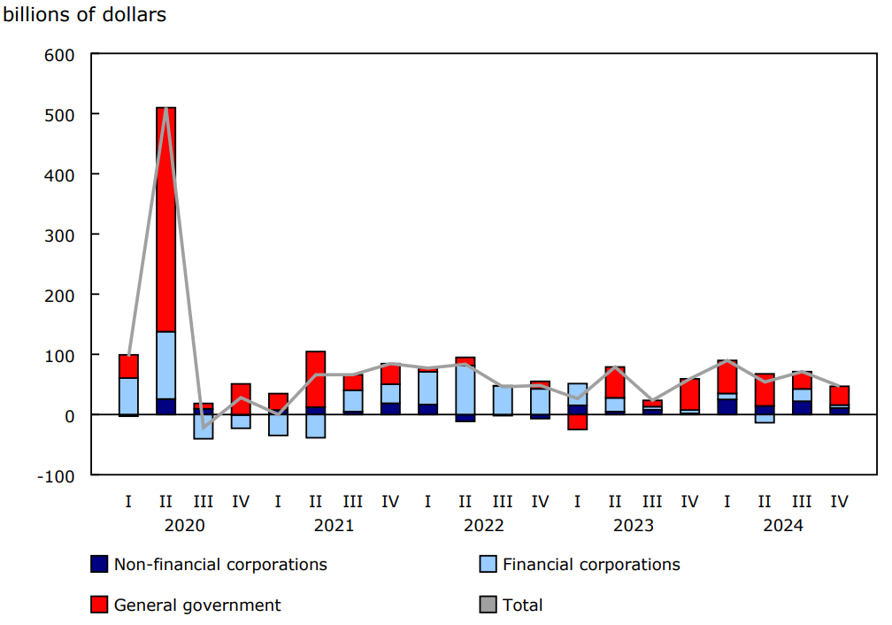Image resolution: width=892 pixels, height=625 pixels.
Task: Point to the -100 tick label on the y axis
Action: [x=58, y=475]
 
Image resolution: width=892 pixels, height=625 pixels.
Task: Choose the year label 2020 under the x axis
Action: [x=184, y=525]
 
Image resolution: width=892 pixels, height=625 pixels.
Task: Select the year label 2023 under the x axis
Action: [x=634, y=525]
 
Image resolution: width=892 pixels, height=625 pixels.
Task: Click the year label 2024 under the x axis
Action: [x=783, y=525]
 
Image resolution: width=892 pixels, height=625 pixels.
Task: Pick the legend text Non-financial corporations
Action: [x=220, y=565]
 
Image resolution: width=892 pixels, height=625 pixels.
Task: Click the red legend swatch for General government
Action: [x=99, y=605]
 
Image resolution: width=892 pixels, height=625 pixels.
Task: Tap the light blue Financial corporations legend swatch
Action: [x=488, y=565]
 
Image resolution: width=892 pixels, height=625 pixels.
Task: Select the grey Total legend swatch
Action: [x=488, y=605]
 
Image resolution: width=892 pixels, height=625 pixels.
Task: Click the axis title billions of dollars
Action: [x=85, y=15]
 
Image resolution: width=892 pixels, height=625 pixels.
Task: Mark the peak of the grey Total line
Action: [x=165, y=109]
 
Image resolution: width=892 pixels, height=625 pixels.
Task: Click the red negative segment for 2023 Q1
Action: [x=577, y=421]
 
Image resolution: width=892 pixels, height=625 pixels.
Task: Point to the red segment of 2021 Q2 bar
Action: [x=315, y=379]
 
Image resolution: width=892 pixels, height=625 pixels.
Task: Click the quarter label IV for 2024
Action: [x=839, y=502]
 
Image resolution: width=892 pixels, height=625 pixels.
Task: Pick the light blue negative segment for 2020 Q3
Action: [x=203, y=427]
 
